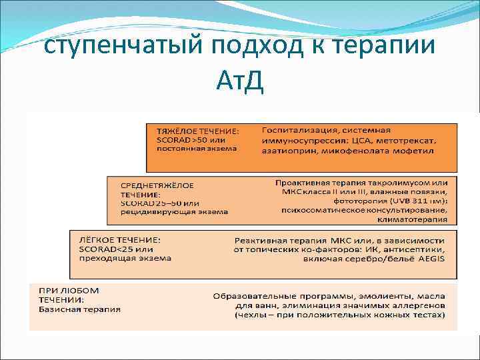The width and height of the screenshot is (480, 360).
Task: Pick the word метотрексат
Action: click(x=404, y=140)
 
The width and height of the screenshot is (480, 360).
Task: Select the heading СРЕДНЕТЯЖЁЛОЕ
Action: click(x=158, y=184)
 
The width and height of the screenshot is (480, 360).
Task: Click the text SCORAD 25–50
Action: click(x=151, y=203)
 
